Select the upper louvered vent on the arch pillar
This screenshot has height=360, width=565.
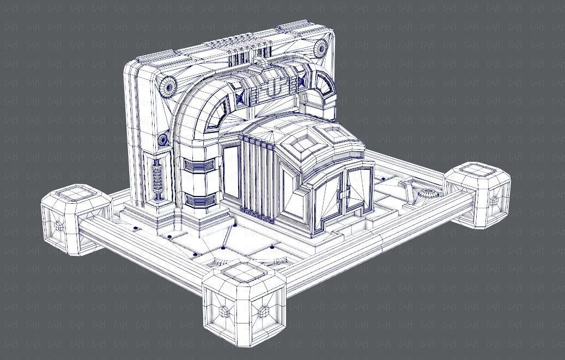pos(196,166)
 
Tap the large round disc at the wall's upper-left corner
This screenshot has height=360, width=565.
pos(168,84)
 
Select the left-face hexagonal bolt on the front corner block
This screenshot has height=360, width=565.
pos(224,311)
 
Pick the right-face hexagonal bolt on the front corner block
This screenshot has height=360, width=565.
pos(266,312)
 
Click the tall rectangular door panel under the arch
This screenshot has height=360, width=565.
pos(230,172)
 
